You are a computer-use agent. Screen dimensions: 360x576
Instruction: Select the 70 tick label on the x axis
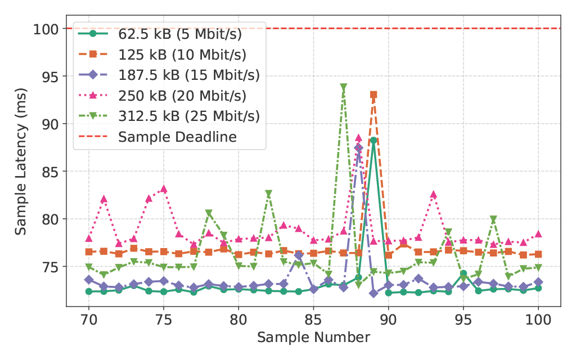(x=88, y=318)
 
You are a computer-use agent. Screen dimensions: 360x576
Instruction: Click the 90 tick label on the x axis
(x=388, y=318)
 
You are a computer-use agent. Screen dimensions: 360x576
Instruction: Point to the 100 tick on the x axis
(x=538, y=318)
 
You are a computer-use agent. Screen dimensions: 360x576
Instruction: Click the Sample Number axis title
(x=313, y=337)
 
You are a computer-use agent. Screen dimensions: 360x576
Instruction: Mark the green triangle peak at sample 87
(x=343, y=87)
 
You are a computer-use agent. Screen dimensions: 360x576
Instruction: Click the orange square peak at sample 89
(x=373, y=94)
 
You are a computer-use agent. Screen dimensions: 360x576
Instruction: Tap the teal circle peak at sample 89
(x=373, y=141)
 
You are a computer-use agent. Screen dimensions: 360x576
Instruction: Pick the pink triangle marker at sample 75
(x=164, y=189)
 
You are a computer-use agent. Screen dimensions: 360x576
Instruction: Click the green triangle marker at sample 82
(x=268, y=193)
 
